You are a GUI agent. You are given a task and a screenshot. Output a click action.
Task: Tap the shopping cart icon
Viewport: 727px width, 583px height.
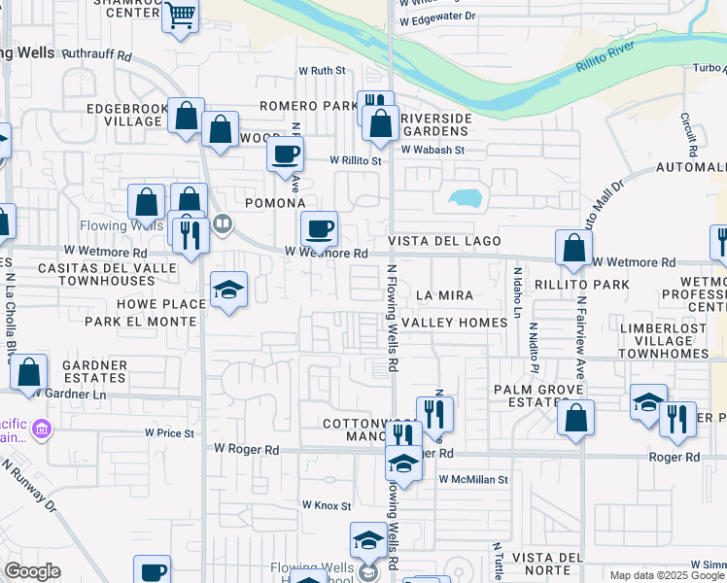(180, 17)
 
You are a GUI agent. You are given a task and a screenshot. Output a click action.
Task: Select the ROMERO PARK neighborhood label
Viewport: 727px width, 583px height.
(308, 105)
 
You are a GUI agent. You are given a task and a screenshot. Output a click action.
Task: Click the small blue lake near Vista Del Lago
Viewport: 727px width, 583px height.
(466, 198)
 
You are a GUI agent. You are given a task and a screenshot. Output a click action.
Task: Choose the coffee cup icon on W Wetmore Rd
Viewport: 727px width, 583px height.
(319, 229)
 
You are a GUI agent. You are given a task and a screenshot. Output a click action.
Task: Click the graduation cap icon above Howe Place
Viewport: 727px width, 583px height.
(228, 289)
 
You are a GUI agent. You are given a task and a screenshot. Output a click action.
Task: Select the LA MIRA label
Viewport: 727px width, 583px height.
(444, 294)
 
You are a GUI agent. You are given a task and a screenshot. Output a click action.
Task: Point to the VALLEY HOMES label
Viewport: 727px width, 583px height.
(454, 322)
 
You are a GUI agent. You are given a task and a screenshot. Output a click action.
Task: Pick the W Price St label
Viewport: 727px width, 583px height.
(169, 432)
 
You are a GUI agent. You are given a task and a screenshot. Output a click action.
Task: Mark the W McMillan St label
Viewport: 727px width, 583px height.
(473, 479)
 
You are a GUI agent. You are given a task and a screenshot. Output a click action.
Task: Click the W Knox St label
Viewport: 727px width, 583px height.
(326, 505)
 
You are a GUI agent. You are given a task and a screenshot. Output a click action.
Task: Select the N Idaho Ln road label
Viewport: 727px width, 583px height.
(517, 291)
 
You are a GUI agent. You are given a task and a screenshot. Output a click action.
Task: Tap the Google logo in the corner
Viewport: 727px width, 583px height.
(32, 571)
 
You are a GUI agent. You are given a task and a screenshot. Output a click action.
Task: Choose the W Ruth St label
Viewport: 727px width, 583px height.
(322, 71)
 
